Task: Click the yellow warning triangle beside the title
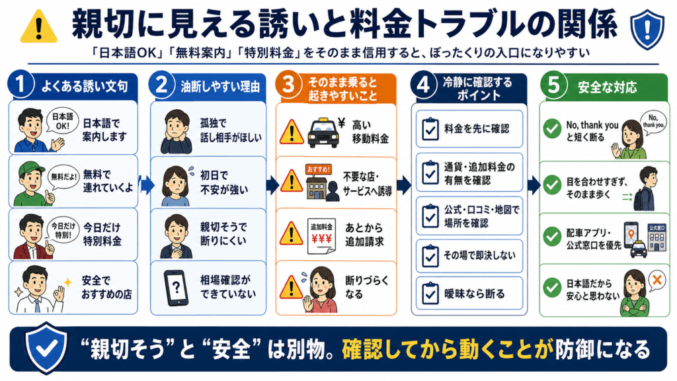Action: point(39,27)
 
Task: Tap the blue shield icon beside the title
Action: point(647,29)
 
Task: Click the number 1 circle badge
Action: point(20,84)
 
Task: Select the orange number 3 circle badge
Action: point(288,84)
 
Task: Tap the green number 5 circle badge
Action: point(553,84)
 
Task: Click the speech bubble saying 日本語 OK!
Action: point(63,121)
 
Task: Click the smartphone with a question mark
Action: point(176,288)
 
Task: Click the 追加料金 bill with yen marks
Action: point(322,236)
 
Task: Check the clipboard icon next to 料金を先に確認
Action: point(430,129)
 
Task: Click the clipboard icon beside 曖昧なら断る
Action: point(430,294)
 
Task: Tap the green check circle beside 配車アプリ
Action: point(552,237)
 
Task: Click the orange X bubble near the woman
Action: point(657,280)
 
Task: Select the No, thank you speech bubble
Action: point(653,122)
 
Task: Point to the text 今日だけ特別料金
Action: point(102,233)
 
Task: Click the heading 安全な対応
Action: point(607,87)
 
